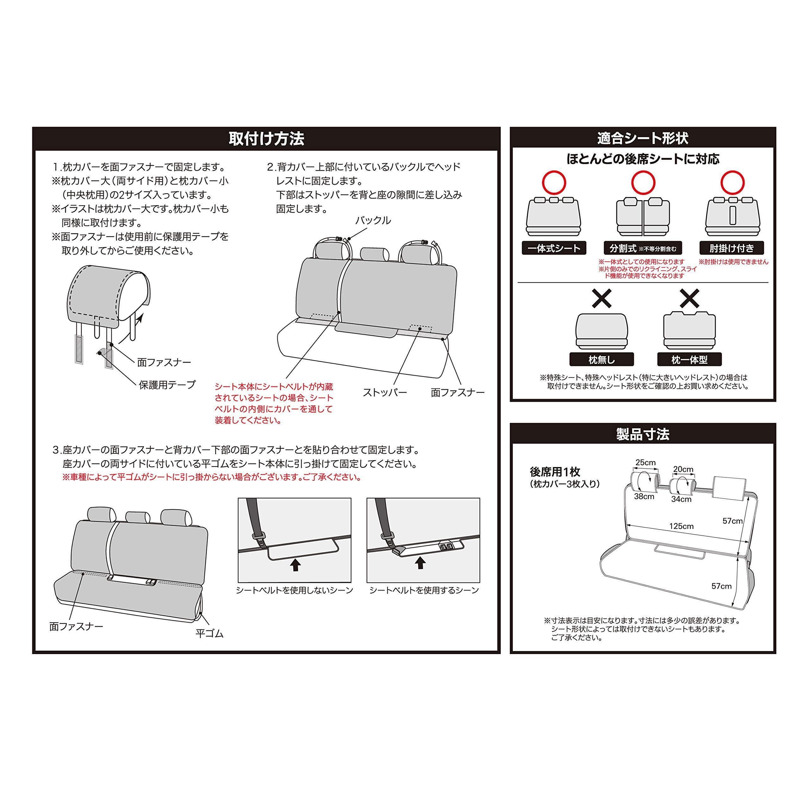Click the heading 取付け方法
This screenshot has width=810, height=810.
266,139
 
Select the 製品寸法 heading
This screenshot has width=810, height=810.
642,434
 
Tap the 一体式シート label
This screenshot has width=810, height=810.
553,248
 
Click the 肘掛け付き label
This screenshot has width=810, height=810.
732,248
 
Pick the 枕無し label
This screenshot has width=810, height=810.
601,359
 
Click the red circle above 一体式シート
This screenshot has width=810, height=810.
554,182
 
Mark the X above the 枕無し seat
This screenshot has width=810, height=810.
601,298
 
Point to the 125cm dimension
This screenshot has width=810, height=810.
681,526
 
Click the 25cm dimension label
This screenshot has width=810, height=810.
646,463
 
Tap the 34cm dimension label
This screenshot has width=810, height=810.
681,499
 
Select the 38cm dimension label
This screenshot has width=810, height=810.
644,496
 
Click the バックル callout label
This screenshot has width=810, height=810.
373,221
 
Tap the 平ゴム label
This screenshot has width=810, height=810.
210,633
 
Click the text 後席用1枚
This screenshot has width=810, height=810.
555,472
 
